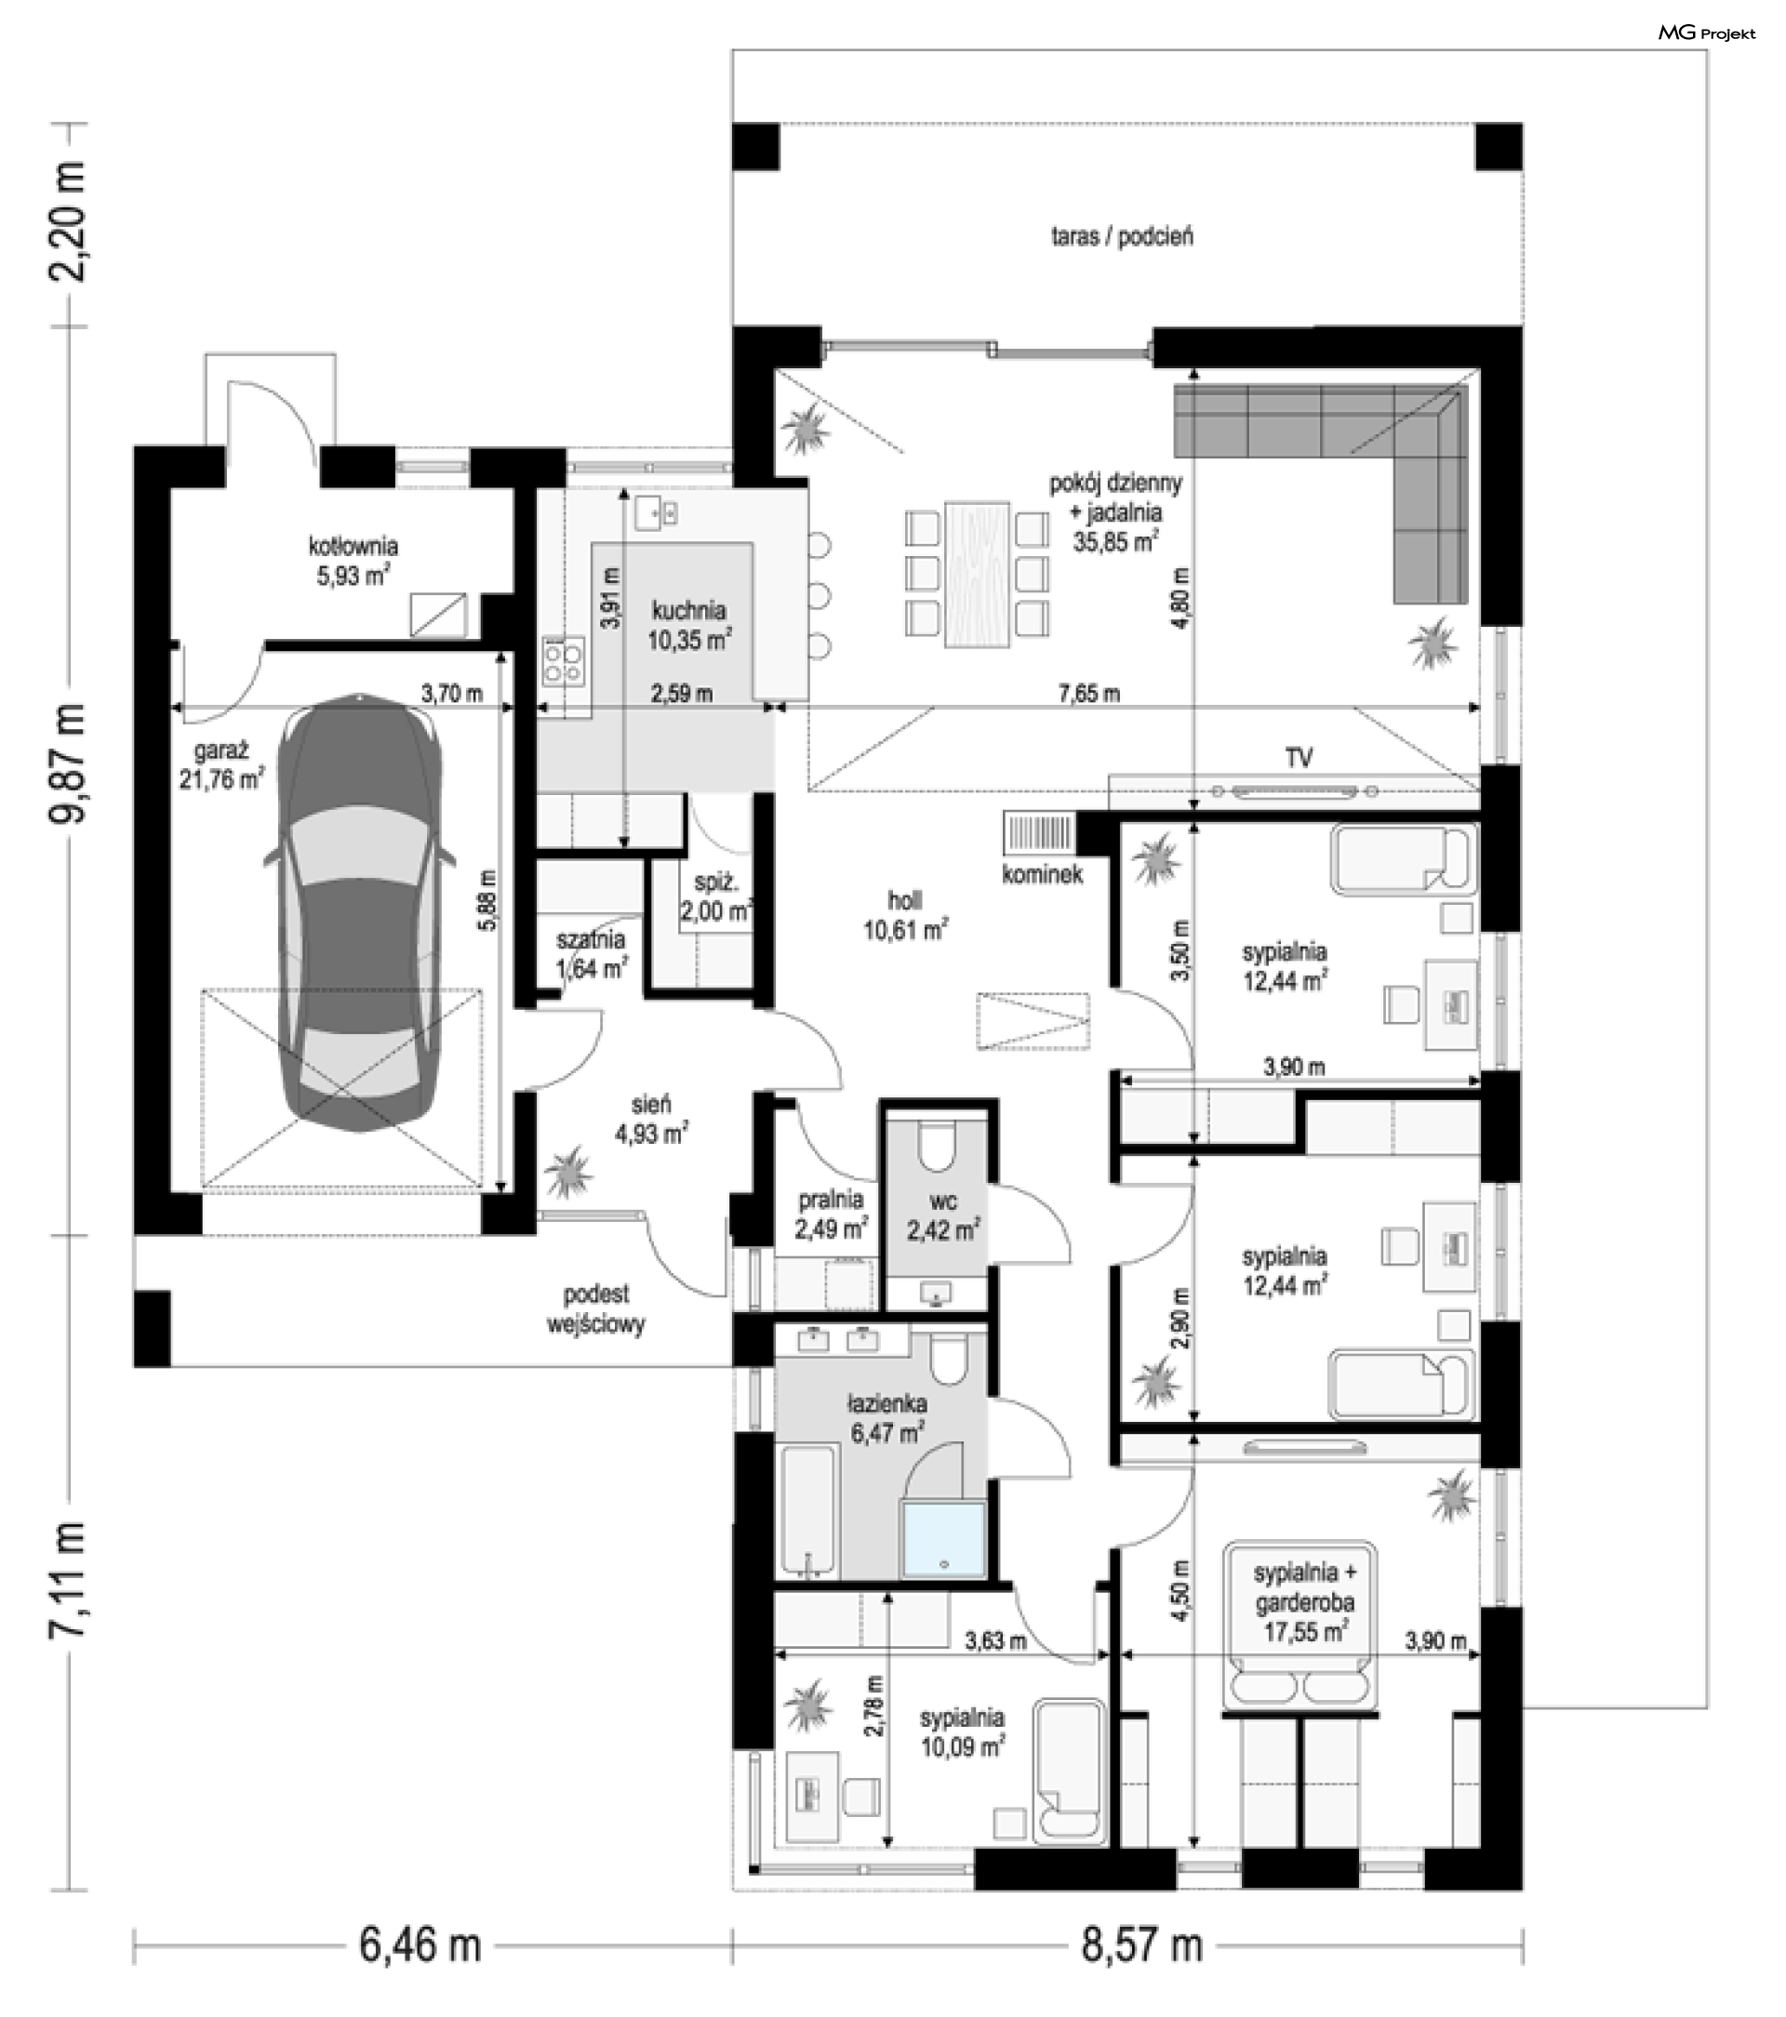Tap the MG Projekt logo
coord(1706,33)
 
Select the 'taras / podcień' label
coord(1122,236)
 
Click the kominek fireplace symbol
coord(1039,834)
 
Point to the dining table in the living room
coord(977,575)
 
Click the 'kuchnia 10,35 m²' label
coord(689,625)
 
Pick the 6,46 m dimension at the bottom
coord(420,1945)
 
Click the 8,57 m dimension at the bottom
coord(1142,1945)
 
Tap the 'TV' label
coord(1299,757)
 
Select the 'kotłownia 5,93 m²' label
coord(353,560)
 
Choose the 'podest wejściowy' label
coord(596,1308)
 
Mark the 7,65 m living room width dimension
coord(1090,693)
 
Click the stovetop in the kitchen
coord(563,661)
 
